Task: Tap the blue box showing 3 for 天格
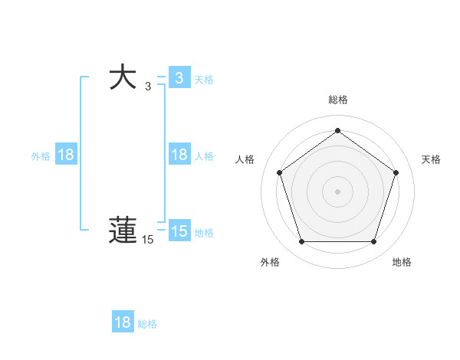179,77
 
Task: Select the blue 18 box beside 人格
179,155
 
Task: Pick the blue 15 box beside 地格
179,231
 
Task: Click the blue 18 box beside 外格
66,155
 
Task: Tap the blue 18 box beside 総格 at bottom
123,322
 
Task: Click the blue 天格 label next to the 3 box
204,79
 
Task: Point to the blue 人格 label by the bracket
204,156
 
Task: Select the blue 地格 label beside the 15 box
204,233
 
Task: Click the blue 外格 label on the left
41,156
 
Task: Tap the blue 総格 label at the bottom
147,324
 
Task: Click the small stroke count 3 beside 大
148,87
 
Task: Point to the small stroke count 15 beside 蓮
147,240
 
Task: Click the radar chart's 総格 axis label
337,100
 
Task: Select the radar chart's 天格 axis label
431,159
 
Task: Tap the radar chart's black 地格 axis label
402,263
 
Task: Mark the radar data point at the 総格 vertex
337,130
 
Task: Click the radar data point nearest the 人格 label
279,172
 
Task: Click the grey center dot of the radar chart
337,191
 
